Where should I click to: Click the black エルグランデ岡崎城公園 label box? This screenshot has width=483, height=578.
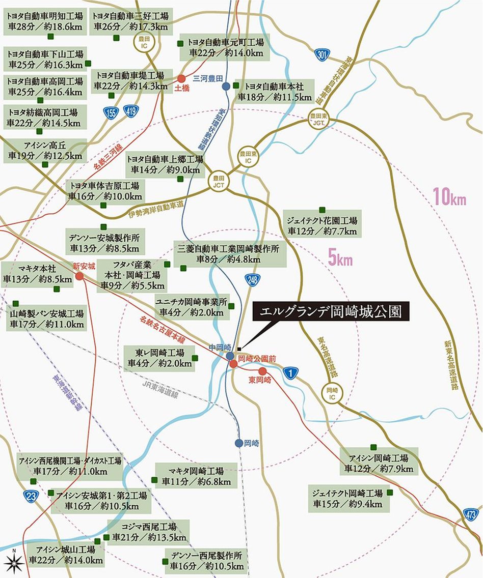click(x=331, y=312)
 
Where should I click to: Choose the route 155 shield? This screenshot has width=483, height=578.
click(x=112, y=112)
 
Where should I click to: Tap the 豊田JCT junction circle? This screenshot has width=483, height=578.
click(x=220, y=180)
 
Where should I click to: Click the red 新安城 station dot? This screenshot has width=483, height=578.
click(x=79, y=276)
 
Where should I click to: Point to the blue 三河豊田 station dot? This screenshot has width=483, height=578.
click(x=226, y=86)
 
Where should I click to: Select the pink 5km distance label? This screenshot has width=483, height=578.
click(x=340, y=259)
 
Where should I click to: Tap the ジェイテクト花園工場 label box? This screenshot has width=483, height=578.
click(x=322, y=225)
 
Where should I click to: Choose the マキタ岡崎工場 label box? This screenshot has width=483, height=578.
click(x=197, y=476)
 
